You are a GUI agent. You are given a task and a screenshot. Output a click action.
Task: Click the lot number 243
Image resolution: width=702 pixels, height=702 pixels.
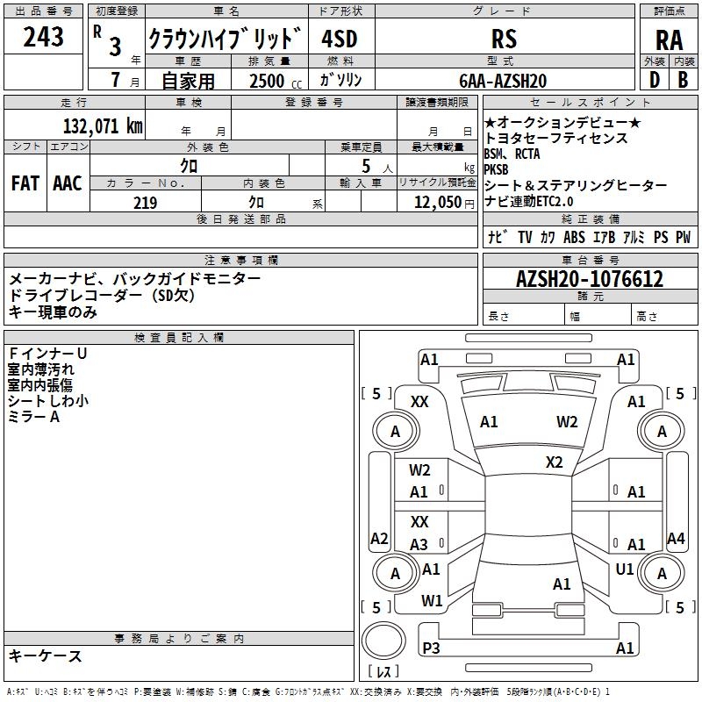(x=44, y=37)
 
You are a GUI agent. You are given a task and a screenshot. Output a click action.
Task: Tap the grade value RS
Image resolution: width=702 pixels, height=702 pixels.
(x=504, y=39)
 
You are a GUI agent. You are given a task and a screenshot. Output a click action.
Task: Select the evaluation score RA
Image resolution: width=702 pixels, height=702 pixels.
(x=668, y=39)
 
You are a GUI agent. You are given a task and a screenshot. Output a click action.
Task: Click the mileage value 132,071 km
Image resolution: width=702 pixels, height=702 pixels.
(x=102, y=125)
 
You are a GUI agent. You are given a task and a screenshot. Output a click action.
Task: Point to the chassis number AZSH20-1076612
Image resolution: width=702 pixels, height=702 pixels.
(x=589, y=280)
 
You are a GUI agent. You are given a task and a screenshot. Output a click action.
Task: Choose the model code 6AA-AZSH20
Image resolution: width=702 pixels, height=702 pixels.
(x=503, y=81)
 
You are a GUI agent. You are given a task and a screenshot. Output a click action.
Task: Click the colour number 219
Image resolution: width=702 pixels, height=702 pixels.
(x=145, y=203)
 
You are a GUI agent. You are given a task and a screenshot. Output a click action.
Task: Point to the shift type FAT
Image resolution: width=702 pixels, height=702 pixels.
(x=25, y=183)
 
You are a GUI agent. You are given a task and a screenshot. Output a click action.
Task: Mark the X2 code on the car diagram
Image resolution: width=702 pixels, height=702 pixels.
(x=554, y=462)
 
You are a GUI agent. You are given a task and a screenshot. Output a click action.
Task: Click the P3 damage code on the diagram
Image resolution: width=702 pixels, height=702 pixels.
(x=431, y=648)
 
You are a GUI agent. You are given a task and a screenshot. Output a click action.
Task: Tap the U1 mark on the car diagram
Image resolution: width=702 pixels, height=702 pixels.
(x=625, y=569)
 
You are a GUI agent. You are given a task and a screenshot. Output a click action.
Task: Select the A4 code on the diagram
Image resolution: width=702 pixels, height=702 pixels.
(x=676, y=538)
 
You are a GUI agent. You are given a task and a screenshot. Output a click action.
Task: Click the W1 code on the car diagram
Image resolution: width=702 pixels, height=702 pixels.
(x=431, y=601)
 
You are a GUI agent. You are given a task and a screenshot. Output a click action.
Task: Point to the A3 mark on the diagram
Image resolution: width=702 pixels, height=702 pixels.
(x=419, y=545)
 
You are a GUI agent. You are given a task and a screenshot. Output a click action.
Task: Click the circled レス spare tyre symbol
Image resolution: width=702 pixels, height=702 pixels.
(x=383, y=645)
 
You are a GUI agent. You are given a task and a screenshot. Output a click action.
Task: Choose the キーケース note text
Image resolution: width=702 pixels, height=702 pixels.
(x=46, y=655)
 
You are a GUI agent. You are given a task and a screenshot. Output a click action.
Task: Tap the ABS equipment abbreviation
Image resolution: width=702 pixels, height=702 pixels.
(x=574, y=237)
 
